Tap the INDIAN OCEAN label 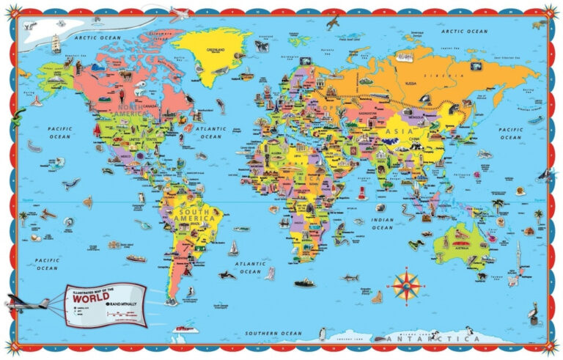click(x=382, y=223)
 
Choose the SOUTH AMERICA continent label click(x=194, y=215)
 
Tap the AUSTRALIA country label click(x=463, y=246)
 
